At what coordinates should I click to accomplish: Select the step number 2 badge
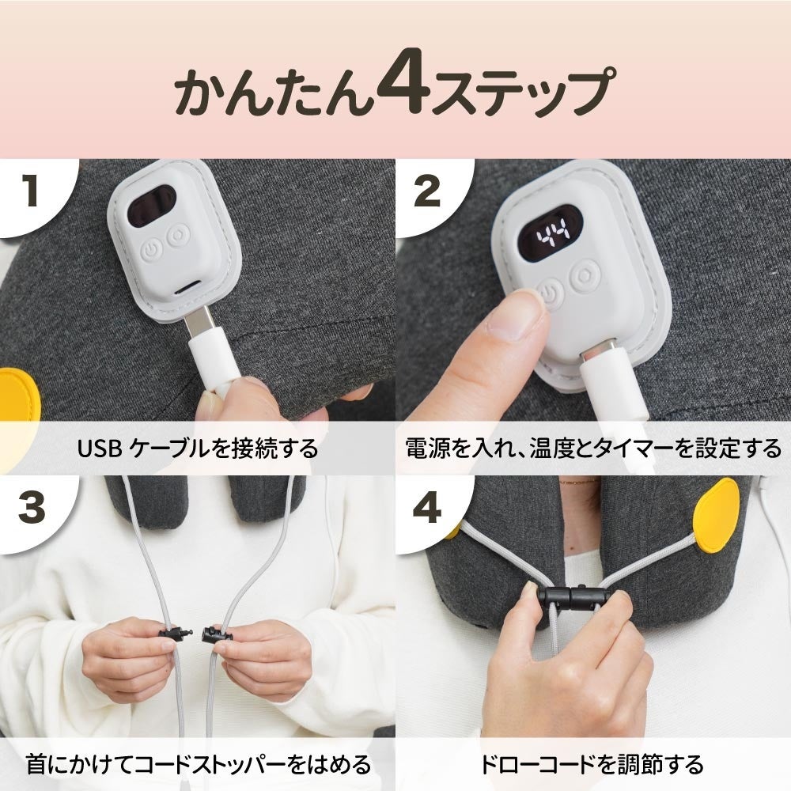(427, 192)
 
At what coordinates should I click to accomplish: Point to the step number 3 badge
(32, 508)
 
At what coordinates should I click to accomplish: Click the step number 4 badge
(427, 508)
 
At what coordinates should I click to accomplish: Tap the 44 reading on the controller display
(552, 233)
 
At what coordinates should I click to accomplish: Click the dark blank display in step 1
(151, 204)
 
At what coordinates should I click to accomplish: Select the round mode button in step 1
(179, 236)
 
